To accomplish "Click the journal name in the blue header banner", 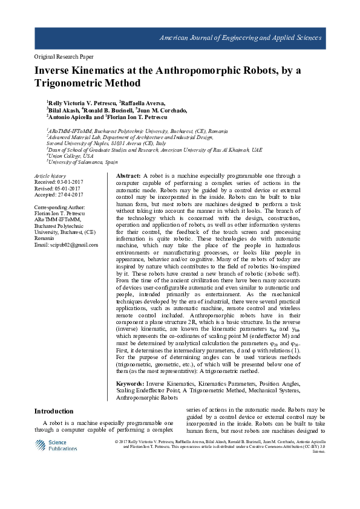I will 240,38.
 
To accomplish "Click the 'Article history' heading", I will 50,176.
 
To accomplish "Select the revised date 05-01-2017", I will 67,188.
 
